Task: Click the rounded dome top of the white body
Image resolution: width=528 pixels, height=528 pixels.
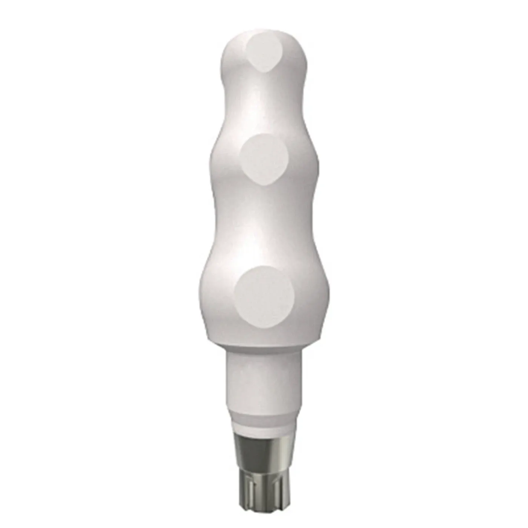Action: [264, 36]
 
